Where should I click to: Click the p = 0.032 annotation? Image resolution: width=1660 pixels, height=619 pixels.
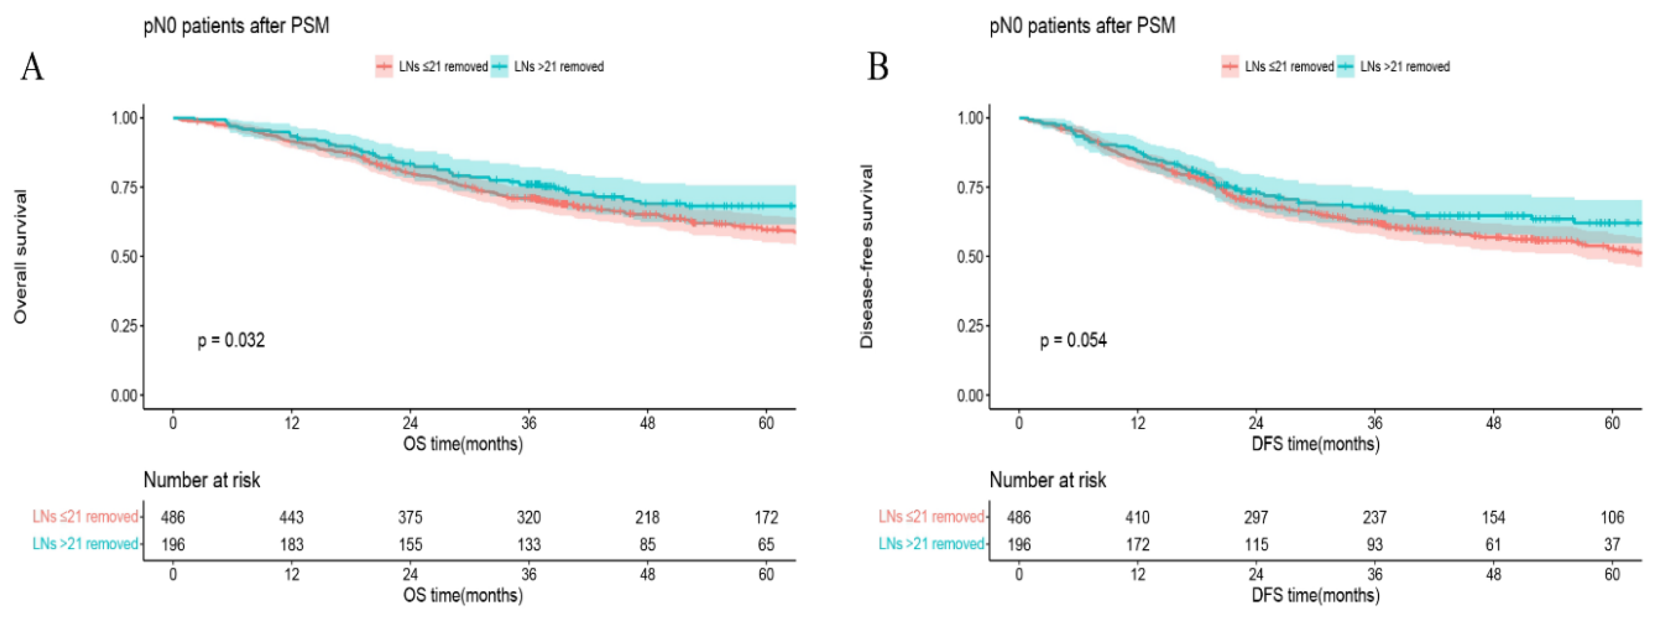coord(231,340)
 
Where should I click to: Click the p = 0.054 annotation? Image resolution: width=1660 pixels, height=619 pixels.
coord(1073,340)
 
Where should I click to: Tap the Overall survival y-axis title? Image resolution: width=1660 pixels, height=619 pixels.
coord(20,256)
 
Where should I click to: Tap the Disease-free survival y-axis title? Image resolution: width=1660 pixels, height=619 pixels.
coord(867,256)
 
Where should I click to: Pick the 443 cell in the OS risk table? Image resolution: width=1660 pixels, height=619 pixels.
coord(291,517)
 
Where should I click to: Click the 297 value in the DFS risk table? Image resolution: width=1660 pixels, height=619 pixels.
coord(1255,517)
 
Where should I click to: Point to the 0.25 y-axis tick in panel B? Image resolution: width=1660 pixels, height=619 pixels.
coord(970,326)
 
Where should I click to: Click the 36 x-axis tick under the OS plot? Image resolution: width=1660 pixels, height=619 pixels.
coord(529,423)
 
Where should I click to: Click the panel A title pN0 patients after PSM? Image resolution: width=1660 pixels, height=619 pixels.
coord(236,26)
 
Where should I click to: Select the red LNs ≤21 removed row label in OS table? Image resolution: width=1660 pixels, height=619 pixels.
coord(86,516)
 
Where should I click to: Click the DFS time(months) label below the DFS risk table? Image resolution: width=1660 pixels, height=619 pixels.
coord(1315,595)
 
